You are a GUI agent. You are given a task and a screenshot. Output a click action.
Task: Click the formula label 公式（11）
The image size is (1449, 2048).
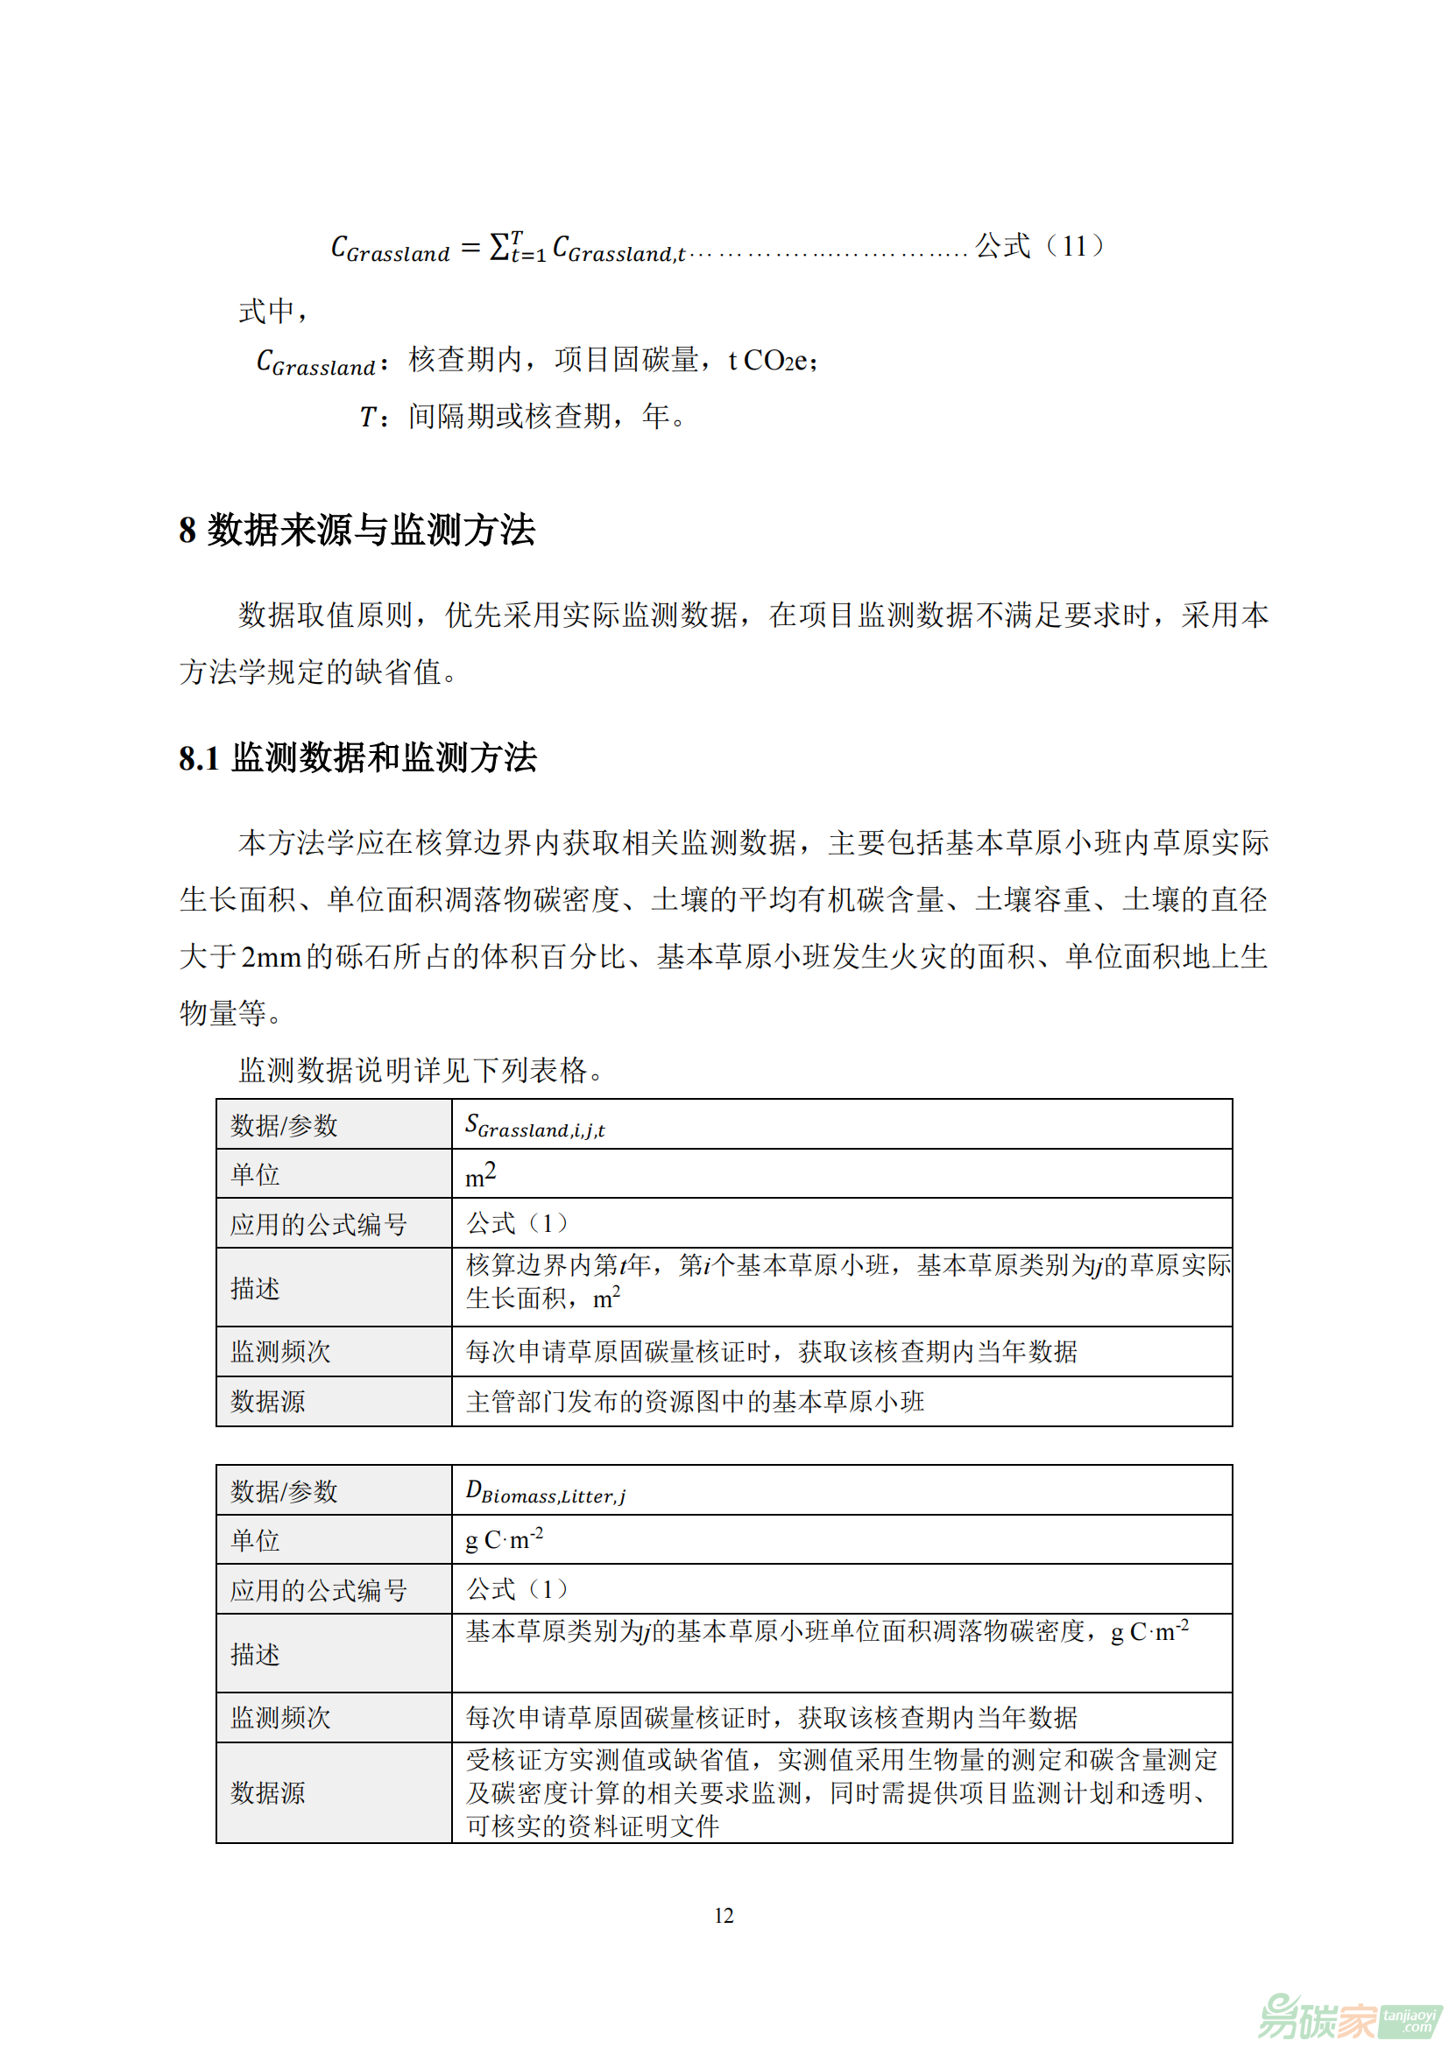[1040, 245]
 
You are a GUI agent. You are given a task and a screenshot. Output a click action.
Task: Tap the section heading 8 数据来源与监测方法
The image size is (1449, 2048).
[357, 530]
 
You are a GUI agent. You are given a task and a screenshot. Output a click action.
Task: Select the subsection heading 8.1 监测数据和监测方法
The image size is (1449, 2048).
[357, 757]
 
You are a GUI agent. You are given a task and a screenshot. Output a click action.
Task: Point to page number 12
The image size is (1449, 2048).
[724, 1915]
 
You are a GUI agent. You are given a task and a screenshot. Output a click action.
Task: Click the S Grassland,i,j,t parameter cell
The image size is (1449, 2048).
[534, 1126]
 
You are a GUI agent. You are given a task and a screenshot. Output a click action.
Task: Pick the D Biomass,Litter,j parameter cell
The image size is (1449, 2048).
[545, 1491]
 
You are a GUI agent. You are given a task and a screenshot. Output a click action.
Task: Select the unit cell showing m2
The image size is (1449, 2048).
[480, 1174]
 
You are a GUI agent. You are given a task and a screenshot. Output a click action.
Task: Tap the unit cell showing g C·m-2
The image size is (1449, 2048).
[504, 1539]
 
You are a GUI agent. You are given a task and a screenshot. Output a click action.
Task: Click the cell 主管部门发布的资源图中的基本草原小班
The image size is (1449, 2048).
[694, 1401]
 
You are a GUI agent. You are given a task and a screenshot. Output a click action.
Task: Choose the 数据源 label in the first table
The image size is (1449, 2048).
[268, 1401]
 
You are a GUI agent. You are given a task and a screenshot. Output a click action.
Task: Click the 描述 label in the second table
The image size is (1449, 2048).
[255, 1654]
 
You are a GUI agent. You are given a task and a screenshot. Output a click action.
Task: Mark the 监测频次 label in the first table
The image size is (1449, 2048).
[280, 1351]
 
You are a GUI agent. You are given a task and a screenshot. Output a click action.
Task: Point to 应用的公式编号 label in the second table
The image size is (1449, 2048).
[319, 1589]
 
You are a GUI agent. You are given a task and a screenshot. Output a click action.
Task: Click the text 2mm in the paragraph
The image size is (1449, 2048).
[272, 957]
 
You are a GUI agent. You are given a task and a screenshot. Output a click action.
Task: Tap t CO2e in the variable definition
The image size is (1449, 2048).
[771, 361]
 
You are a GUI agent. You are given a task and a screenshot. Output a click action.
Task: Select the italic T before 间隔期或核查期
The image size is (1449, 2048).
[368, 417]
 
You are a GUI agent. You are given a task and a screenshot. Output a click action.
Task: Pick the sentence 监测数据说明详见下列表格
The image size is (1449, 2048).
[420, 1069]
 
